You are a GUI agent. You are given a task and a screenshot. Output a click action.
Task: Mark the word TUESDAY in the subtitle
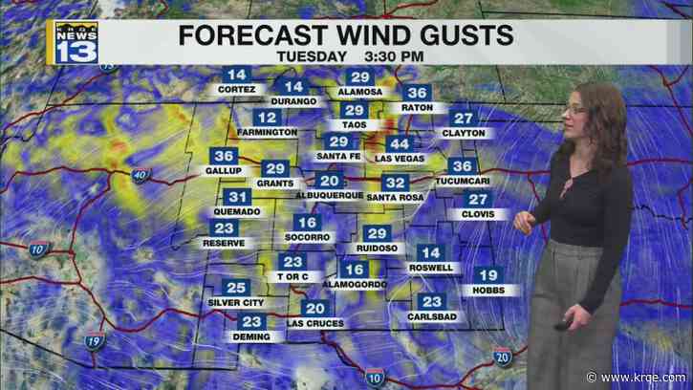pyautogui.click(x=311, y=56)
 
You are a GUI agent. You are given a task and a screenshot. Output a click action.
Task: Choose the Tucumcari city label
pyautogui.click(x=462, y=182)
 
